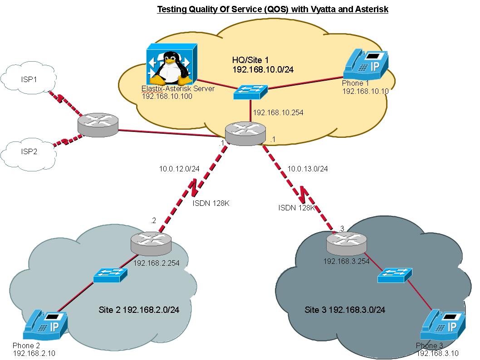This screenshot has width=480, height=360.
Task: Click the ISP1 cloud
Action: [x=29, y=79]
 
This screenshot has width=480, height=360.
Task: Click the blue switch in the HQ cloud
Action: [x=251, y=92]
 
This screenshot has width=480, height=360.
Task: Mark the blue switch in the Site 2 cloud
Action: [x=111, y=275]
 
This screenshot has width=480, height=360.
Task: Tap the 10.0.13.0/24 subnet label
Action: [x=308, y=169]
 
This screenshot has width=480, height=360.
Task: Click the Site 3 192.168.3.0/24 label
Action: [x=345, y=310]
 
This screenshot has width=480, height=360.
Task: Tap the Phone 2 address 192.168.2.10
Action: [x=34, y=353]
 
